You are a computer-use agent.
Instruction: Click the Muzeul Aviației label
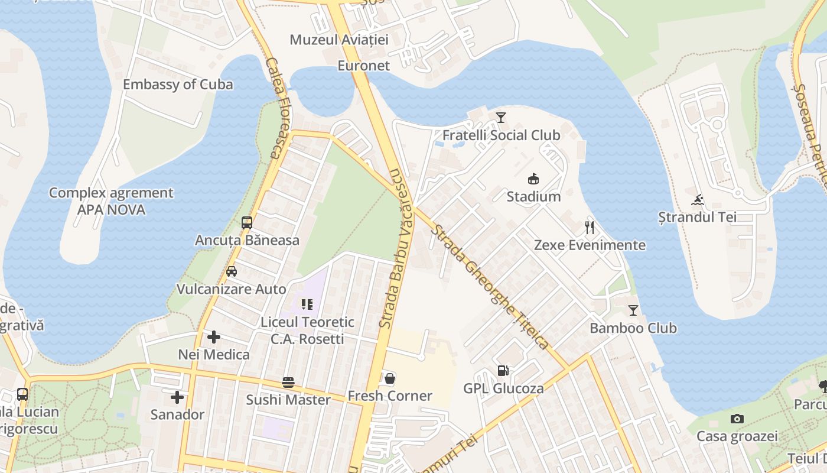point(339,40)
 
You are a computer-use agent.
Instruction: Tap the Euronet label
point(364,66)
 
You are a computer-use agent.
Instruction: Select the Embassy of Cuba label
point(178,85)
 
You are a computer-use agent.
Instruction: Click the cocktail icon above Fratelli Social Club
point(501,118)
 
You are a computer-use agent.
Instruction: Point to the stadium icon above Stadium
point(533,179)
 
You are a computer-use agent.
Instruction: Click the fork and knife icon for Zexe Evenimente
point(589,227)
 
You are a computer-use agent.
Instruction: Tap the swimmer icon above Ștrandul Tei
point(698,200)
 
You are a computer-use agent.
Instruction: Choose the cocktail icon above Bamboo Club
point(633,310)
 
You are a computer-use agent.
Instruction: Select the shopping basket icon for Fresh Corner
point(390,378)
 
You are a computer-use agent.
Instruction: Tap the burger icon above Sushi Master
point(288,383)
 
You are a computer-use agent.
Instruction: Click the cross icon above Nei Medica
point(214,337)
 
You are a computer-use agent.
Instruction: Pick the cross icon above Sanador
point(177,397)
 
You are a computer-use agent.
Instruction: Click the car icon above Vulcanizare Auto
point(232,271)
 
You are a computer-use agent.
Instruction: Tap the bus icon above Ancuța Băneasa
point(247,223)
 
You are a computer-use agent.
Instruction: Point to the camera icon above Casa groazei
point(737,419)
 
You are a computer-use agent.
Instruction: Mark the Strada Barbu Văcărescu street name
point(399,248)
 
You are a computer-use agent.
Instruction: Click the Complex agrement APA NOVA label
point(111,201)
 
